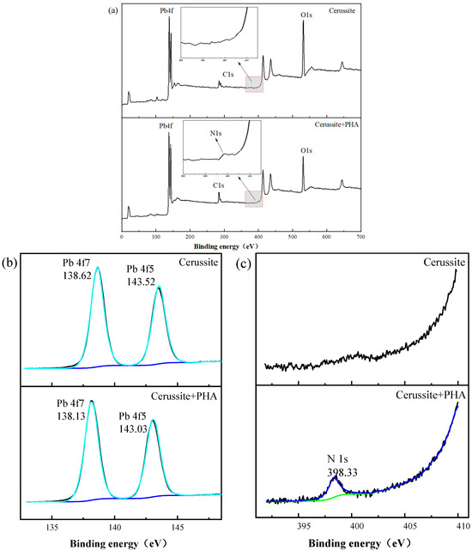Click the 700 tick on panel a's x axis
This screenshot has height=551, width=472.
click(360, 235)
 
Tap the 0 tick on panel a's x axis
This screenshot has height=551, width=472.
click(122, 235)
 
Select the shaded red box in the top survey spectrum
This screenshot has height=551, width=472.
click(254, 83)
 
